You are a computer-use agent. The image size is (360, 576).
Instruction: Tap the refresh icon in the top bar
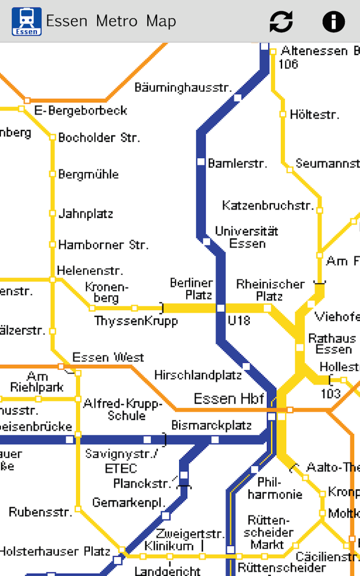281,21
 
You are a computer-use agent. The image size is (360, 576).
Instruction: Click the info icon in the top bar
333,21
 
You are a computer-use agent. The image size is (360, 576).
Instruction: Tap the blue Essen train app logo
27,21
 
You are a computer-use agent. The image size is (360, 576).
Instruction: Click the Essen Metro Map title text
111,21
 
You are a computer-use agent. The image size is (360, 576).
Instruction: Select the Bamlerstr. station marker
201,162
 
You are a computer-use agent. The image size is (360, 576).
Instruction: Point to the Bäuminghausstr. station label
183,87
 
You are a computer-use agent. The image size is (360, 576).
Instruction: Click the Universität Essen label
247,237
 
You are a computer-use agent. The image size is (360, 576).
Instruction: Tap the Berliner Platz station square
220,308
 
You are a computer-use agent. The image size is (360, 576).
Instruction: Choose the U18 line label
238,321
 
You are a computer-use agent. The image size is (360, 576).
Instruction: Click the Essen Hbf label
229,398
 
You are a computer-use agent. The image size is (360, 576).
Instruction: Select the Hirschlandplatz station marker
246,366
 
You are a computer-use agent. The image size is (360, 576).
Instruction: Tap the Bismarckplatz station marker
215,440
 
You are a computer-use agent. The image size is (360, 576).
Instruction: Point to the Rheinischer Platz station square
267,308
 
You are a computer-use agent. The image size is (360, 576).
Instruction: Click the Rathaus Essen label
332,343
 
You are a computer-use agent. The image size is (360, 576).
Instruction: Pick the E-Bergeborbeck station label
81,110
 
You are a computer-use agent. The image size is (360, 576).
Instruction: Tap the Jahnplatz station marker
52,213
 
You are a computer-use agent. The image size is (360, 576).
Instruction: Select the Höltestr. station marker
283,114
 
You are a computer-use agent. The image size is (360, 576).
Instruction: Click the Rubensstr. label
40,512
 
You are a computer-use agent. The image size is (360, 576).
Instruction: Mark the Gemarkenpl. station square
166,516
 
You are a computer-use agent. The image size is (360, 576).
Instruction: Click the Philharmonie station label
275,489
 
